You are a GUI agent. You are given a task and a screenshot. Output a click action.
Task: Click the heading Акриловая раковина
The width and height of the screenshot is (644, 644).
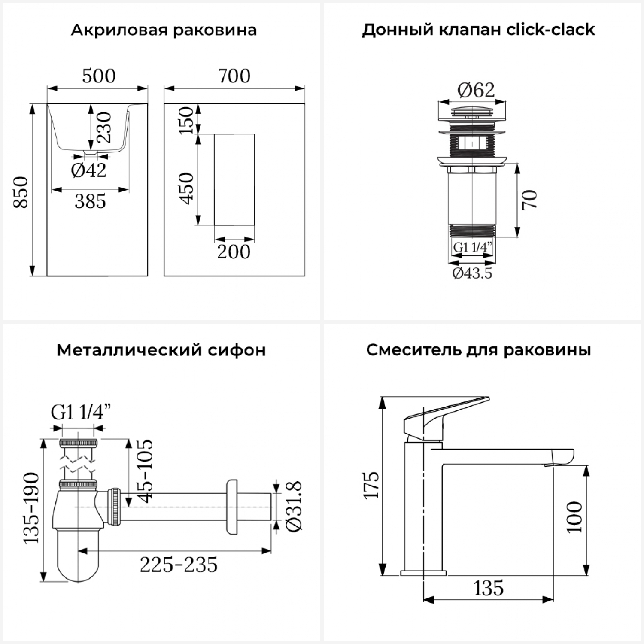[164, 30]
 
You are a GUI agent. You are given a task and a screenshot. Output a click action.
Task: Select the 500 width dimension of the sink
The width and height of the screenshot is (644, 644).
[99, 76]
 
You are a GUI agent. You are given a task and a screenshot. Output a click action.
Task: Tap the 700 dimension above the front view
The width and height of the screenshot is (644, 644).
[234, 76]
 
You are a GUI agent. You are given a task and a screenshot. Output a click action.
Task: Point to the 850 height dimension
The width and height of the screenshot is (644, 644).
[21, 192]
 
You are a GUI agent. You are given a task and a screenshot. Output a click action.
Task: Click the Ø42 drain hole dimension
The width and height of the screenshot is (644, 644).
[88, 170]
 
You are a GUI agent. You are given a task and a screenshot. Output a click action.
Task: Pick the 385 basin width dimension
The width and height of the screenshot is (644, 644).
[90, 201]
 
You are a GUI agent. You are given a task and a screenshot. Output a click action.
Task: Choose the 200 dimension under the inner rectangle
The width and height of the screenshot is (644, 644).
[234, 252]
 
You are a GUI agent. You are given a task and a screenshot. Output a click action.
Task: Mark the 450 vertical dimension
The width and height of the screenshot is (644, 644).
[186, 188]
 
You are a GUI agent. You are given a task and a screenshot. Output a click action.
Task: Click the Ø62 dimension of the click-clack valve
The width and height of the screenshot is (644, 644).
[476, 90]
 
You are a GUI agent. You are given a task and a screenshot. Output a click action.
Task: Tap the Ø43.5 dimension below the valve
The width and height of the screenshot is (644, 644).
[472, 273]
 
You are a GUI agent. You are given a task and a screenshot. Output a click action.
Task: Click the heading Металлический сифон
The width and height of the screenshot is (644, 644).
[161, 350]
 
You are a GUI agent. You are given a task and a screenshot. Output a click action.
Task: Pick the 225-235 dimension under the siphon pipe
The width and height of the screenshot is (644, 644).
[179, 565]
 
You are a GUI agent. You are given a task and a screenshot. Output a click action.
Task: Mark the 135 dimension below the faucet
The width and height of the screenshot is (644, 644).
[489, 588]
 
